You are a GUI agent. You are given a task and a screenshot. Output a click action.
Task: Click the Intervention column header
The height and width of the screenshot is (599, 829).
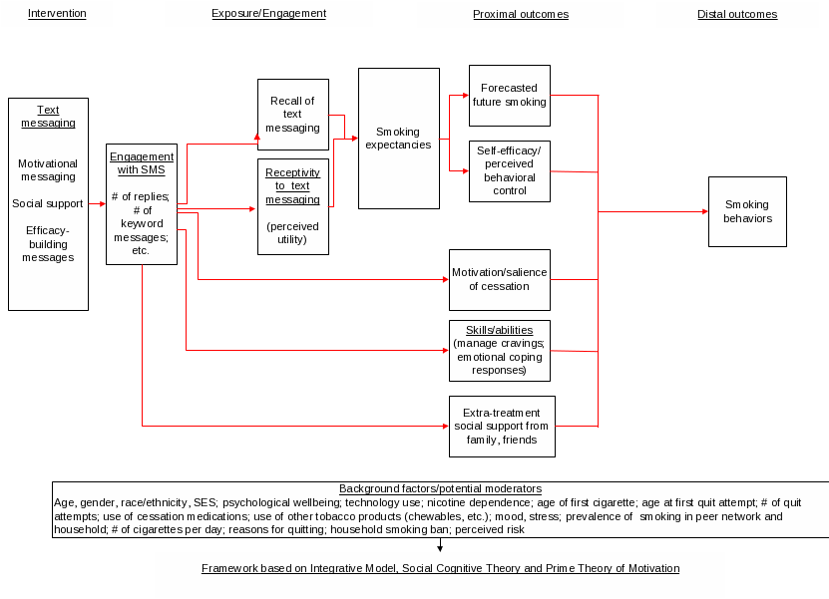(x=57, y=14)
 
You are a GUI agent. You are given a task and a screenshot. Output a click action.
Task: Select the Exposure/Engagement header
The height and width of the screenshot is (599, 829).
(x=268, y=14)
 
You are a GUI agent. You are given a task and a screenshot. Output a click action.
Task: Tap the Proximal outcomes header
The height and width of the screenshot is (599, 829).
(x=520, y=15)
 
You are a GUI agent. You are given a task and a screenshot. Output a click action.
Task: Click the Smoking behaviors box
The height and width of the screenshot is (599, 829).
(x=747, y=211)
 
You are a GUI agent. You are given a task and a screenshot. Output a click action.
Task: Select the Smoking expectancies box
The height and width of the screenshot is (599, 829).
(x=398, y=138)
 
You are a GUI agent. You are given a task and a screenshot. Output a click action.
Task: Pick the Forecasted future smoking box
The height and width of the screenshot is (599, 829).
(x=509, y=96)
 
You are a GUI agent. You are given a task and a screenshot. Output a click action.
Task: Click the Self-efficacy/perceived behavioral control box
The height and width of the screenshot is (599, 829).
(x=509, y=170)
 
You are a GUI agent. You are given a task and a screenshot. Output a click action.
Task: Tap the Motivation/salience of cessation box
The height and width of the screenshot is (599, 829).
(x=499, y=279)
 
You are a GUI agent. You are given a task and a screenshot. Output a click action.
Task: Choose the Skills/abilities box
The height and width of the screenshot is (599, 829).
(x=499, y=350)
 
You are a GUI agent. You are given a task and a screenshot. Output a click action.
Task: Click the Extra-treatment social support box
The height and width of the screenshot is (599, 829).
(x=501, y=426)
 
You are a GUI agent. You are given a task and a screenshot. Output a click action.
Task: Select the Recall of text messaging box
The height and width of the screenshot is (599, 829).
(x=292, y=114)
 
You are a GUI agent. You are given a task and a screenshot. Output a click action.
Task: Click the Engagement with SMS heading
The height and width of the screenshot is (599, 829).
(x=142, y=162)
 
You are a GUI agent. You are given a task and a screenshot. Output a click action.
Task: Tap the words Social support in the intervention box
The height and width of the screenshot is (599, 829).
(x=48, y=204)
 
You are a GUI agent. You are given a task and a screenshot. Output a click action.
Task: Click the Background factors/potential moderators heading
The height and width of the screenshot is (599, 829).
(x=440, y=489)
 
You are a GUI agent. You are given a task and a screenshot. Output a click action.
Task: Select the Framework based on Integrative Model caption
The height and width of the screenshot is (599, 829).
(x=440, y=568)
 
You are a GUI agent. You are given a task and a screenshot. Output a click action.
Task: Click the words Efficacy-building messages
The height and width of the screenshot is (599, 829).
(x=48, y=243)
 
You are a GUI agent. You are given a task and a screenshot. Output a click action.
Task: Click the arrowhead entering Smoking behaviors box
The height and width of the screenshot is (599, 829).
(x=704, y=211)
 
